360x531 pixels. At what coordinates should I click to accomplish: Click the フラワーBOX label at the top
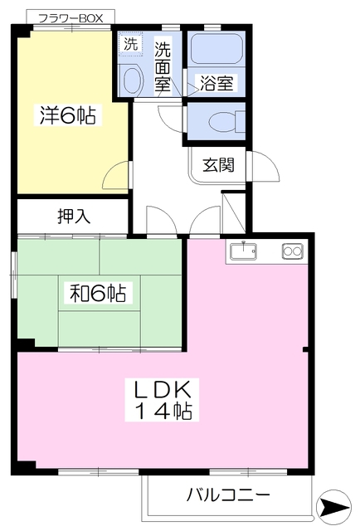(71, 18)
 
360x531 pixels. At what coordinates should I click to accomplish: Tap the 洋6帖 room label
(68, 114)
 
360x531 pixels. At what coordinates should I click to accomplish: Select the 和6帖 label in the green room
(98, 293)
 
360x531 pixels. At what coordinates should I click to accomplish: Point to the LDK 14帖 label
(163, 400)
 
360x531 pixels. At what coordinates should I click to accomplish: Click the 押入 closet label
(74, 216)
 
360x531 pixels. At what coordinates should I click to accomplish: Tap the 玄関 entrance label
(218, 165)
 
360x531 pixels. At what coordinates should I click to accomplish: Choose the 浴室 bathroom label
(216, 83)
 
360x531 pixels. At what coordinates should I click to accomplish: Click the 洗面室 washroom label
(163, 67)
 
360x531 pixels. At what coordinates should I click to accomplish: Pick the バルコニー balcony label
(229, 494)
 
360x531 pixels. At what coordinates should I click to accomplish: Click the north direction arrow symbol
(333, 507)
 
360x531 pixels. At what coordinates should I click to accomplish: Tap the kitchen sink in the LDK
(243, 251)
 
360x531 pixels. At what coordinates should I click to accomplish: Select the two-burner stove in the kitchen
(292, 251)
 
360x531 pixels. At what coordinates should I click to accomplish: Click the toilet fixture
(226, 122)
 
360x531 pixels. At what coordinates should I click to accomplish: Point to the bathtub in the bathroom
(216, 48)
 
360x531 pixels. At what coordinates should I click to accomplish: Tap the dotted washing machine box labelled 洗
(131, 44)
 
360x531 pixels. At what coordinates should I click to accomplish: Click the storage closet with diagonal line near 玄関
(234, 212)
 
